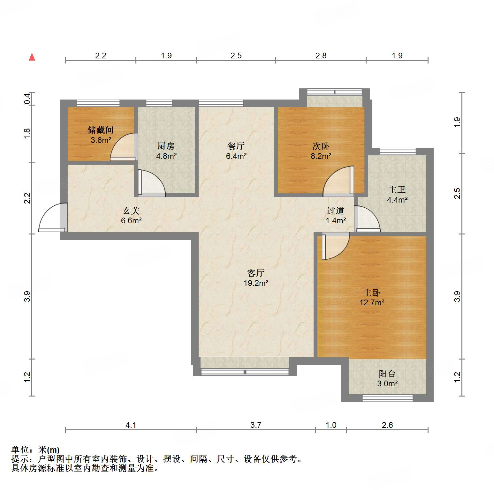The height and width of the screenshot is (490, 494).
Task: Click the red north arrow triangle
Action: coord(32,57)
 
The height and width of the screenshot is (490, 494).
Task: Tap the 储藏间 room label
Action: coord(101,130)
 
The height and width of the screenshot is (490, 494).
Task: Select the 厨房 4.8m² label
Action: coord(166,151)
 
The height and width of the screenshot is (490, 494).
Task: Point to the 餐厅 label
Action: coord(236,146)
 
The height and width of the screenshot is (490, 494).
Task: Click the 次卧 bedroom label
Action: coord(321,146)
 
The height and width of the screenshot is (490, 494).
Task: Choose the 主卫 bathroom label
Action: coord(397,190)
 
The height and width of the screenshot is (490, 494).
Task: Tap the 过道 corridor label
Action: coord(336,211)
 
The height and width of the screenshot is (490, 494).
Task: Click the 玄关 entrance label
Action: coord(131,211)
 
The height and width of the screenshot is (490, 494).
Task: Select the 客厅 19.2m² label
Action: coord(256,278)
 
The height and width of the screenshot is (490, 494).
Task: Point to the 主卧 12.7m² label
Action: coord(372,297)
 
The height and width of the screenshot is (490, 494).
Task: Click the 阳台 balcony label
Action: coord(387,374)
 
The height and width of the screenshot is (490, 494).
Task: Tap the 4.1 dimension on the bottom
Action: coord(131,425)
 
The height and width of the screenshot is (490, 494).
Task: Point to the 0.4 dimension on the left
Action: coord(27,99)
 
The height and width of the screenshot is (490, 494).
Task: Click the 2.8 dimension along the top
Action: coord(321,56)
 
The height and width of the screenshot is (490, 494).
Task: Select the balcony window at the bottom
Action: coord(387,398)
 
